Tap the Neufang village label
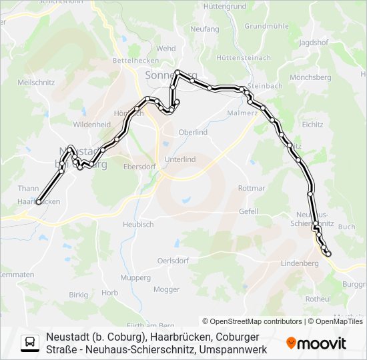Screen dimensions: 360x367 204,29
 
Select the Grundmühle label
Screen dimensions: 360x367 266,26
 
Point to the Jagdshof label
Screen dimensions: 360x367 314,42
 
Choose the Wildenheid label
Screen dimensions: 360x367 92,125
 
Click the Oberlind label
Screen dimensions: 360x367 194,132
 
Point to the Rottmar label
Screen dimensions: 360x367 252,188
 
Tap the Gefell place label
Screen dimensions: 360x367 248,211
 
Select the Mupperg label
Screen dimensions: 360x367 135,277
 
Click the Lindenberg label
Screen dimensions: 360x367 300,263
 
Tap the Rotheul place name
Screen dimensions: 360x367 318,299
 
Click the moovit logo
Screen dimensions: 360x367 316,343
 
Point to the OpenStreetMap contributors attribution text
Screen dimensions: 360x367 252,321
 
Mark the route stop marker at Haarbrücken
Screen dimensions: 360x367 39,201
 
